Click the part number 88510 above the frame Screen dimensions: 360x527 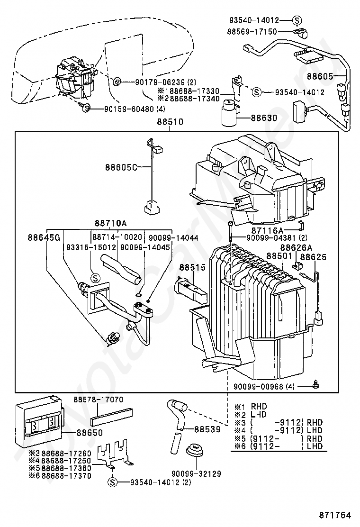[x=170, y=122]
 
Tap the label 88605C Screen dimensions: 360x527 [x=121, y=167]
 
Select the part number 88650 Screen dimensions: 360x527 [x=90, y=433]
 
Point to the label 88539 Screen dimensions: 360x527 [x=207, y=429]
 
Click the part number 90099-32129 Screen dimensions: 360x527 [x=196, y=474]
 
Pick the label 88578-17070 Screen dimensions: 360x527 [x=99, y=400]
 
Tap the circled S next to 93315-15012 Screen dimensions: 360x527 [x=95, y=278]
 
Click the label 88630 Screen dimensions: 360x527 [x=264, y=118]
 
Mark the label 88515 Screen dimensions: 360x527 [x=192, y=268]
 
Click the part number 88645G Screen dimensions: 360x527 [x=44, y=237]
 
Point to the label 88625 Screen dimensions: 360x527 [x=313, y=257]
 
